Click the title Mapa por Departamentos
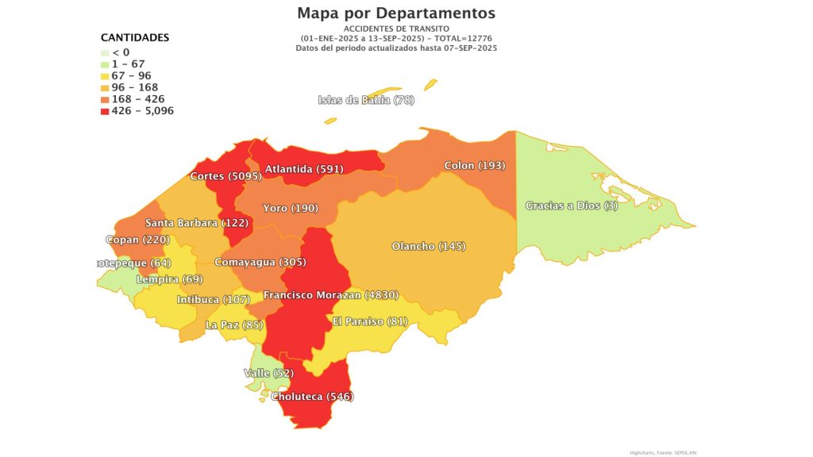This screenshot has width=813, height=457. [x=396, y=13]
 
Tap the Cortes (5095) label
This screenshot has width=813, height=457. [x=218, y=176]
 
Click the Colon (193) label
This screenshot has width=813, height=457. [x=474, y=166]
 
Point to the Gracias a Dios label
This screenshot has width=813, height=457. [x=571, y=206]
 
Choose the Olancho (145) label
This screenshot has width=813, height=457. [x=429, y=246]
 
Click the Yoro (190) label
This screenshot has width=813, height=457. [x=291, y=208]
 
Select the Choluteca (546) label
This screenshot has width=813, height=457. [x=312, y=396]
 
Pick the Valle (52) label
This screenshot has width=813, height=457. [x=268, y=373]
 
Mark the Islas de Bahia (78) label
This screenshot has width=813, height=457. [x=366, y=100]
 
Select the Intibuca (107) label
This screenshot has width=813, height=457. [x=213, y=300]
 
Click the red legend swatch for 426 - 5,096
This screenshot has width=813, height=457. [x=105, y=111]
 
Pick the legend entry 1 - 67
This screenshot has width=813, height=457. [x=128, y=64]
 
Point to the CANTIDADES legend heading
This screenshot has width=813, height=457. [x=134, y=37]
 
